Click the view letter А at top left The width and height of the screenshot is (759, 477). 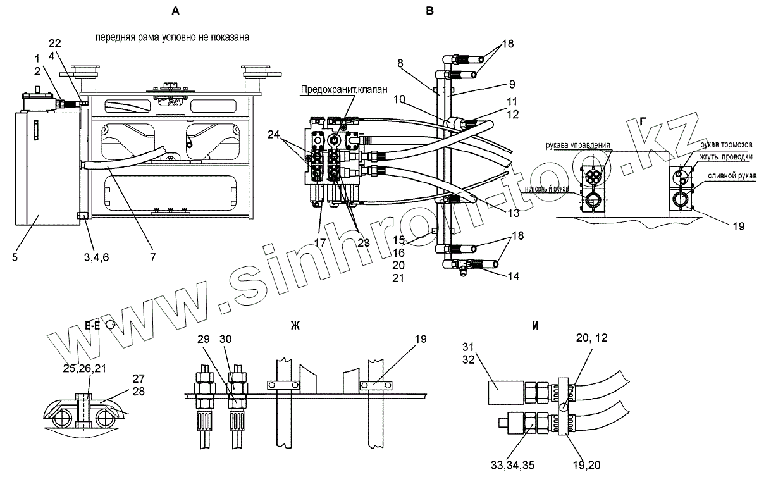coord(176,11)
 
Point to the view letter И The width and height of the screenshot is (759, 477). coord(535,327)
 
